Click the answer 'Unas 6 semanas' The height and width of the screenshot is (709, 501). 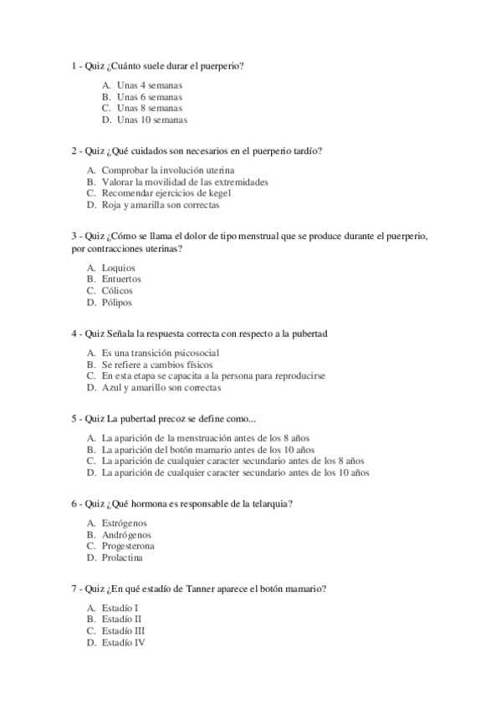[149, 97]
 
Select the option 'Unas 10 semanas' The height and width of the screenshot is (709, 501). [151, 120]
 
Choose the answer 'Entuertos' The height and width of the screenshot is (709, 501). [121, 279]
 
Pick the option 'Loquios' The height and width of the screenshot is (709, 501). [118, 268]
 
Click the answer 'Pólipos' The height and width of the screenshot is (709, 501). [116, 303]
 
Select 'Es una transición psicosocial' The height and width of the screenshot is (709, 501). [160, 353]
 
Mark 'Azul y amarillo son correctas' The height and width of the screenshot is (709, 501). [161, 388]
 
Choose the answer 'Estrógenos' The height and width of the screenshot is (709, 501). [125, 523]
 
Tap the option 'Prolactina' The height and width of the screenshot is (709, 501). [122, 558]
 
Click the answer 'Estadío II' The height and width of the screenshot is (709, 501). [122, 620]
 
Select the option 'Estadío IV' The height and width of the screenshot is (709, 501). [124, 643]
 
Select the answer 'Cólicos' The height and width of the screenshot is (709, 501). [117, 291]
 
